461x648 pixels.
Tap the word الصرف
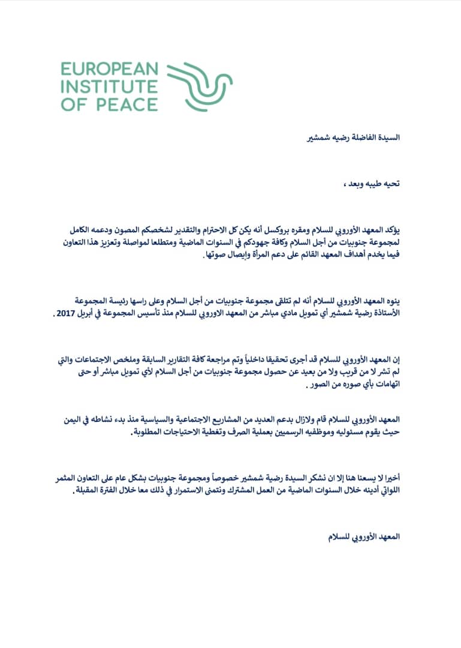coord(233,434)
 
